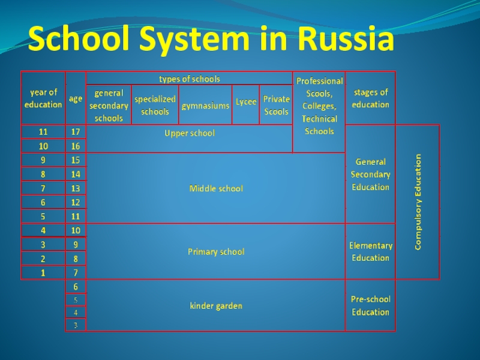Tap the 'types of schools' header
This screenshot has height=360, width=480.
190,79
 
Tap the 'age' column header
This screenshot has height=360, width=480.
76,98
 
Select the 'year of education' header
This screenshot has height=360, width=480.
43,98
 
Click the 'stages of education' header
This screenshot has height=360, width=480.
370,98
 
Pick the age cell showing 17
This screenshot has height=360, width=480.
76,132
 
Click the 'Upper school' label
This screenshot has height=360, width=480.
190,133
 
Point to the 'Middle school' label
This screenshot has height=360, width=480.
216,188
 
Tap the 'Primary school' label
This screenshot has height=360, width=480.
216,251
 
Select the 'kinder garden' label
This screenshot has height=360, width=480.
216,306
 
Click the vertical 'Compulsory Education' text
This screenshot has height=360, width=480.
418,202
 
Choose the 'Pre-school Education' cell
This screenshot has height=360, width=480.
370,305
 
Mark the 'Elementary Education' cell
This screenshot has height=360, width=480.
370,251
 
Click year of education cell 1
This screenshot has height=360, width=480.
43,273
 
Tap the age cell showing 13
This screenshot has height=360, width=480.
76,188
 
